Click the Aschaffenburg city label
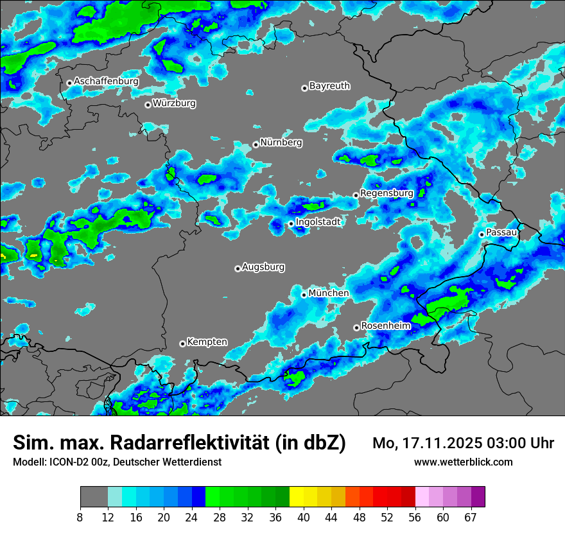106,82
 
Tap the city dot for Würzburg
148,105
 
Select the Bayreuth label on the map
329,85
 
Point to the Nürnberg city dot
256,144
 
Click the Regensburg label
387,193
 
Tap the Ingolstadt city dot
291,223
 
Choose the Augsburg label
263,266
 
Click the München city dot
304,295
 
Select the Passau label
501,232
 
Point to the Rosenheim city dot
356,328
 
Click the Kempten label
207,342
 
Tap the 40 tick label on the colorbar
304,518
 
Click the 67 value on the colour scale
471,518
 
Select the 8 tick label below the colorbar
80,518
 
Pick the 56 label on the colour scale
415,518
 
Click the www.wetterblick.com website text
464,462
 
